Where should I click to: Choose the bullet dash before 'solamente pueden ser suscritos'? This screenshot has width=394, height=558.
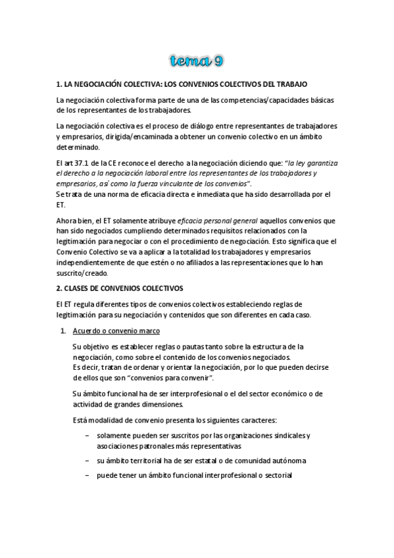[88, 436]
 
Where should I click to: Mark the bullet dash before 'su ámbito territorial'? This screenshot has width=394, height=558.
[88, 461]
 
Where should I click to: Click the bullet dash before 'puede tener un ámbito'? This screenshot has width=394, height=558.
[88, 476]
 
